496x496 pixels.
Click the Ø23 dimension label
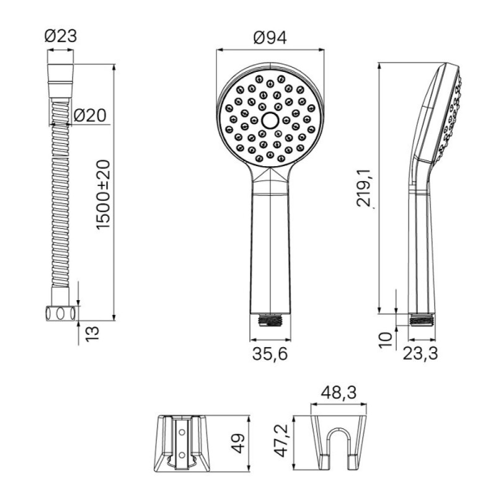pos(60,37)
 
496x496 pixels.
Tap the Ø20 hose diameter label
pos(90,115)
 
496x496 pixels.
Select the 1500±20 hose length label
pos(104,194)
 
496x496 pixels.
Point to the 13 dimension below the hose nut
pos(92,334)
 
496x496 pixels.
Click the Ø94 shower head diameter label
pos(270,38)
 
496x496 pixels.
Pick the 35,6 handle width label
pos(270,353)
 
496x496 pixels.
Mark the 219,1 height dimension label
pos(365,188)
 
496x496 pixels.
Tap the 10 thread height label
pos(386,340)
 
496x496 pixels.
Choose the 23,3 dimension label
pos(420,353)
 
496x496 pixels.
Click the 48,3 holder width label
pos(339,392)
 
